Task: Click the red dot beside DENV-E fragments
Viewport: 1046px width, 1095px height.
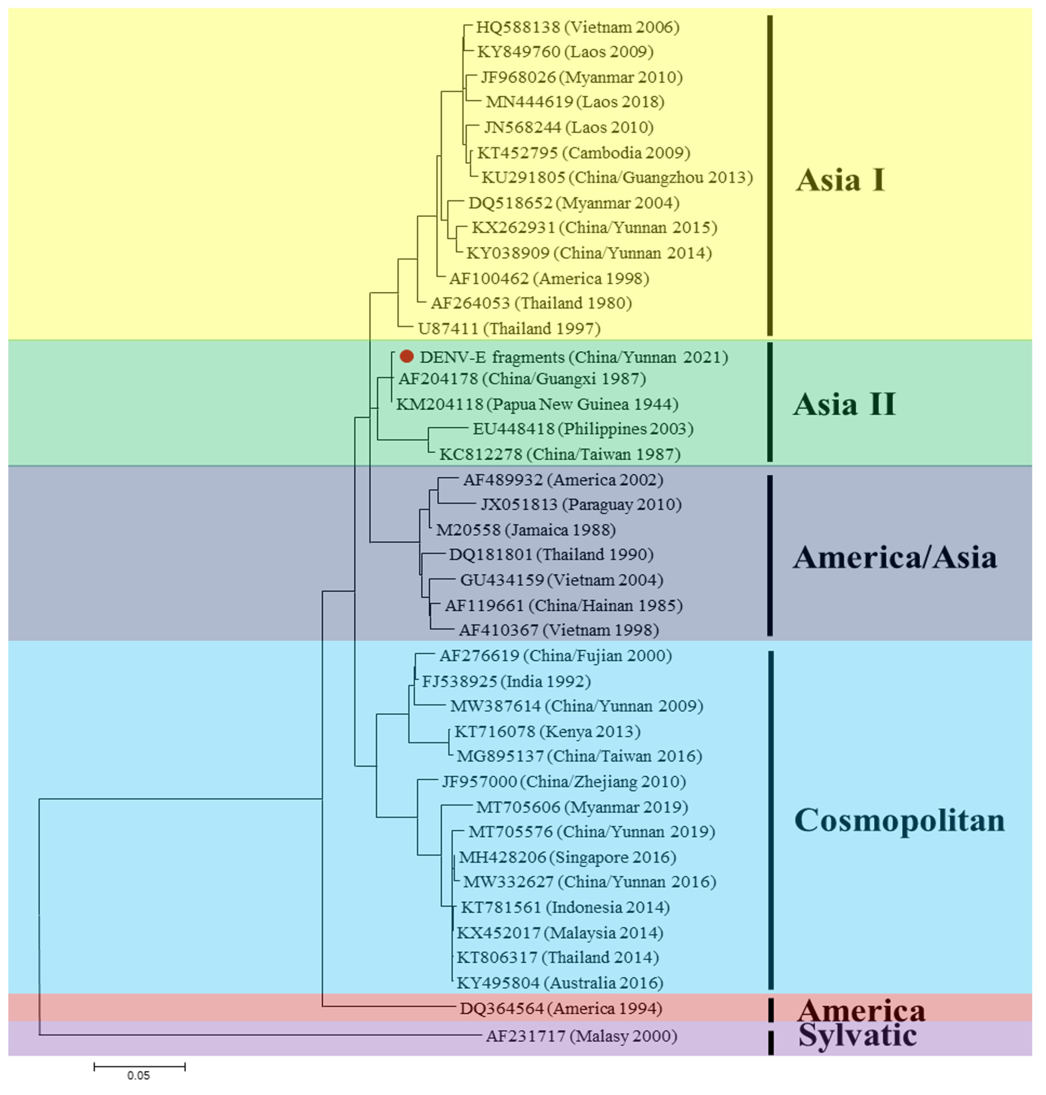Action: point(406,356)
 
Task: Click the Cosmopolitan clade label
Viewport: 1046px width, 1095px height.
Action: point(899,820)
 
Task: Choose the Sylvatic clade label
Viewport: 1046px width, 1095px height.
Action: point(857,1035)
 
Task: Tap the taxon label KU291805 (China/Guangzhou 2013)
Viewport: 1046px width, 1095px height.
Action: point(617,177)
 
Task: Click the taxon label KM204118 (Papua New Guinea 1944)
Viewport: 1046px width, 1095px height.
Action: point(537,404)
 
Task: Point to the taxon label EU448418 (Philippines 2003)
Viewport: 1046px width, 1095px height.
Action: point(583,429)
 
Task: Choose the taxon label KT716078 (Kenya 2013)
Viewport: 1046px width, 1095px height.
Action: point(547,731)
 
